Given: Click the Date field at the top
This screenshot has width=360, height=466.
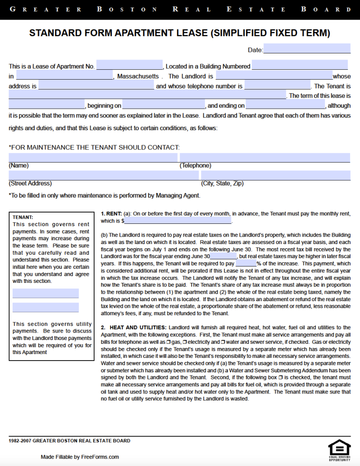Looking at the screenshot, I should click(307, 49).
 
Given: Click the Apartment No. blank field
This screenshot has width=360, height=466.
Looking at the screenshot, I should click(129, 66).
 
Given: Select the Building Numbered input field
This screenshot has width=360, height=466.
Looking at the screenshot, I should click(300, 65).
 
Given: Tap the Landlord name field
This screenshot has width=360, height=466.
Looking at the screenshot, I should click(274, 75).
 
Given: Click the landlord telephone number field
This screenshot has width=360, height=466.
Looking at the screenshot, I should click(277, 85).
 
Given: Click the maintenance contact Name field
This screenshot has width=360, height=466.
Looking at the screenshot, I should click(93, 157).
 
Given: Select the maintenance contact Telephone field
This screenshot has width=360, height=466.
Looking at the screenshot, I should click(265, 157).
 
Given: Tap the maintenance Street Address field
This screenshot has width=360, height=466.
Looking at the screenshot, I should click(104, 175).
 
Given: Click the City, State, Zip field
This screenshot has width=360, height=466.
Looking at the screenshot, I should click(276, 175).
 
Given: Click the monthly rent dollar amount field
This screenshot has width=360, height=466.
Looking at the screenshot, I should click(178, 220).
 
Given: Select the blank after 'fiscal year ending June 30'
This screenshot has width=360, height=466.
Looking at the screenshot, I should click(224, 256).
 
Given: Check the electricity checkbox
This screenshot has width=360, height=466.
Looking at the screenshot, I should click(186, 342).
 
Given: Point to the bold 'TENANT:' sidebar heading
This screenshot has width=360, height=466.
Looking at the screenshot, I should click(22, 217).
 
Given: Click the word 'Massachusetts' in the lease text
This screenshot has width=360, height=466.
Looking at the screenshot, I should click(138, 76).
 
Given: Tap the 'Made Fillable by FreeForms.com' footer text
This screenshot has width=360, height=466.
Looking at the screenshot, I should click(80, 457).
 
